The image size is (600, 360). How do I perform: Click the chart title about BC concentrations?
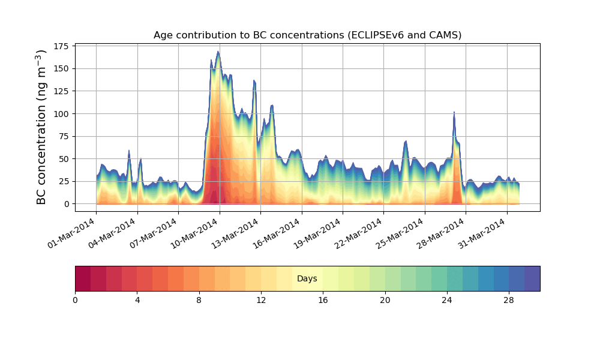pos(307,35)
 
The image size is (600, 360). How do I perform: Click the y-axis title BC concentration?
pos(41,127)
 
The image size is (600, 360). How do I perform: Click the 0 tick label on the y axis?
pos(67,204)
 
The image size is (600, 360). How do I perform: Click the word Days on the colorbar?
pos(307,279)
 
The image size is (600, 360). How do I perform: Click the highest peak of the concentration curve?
pos(218,52)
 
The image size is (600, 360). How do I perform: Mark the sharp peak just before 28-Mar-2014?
pos(454,112)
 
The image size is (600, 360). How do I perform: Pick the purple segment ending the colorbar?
pos(532,279)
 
